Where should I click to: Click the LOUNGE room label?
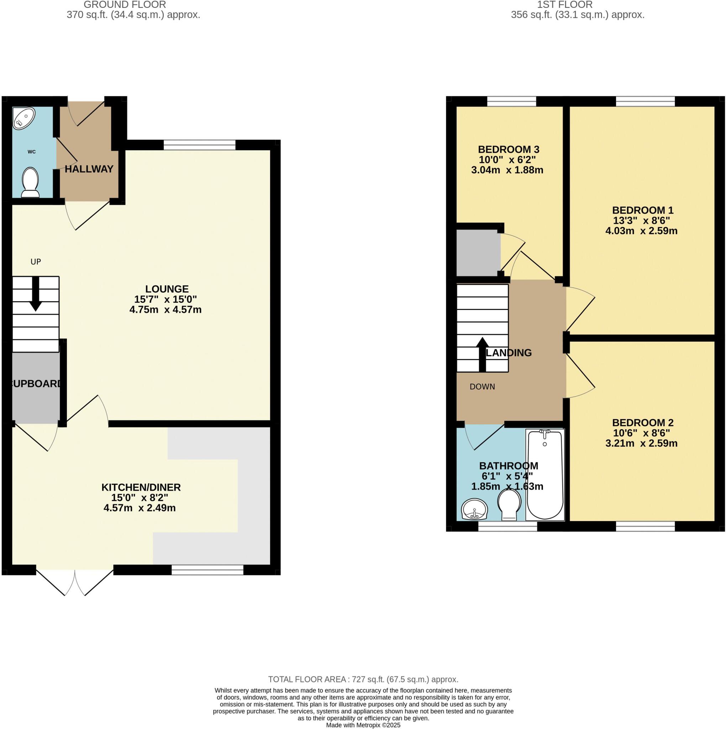coord(167,289)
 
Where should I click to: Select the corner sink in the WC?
coord(23,118)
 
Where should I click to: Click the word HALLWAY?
coord(89,169)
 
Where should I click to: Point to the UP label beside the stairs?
coord(36,262)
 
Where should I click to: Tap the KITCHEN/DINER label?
coord(141,487)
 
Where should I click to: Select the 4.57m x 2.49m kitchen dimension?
coord(139,508)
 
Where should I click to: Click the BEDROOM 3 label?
coord(508,149)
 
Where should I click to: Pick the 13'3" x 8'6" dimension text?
coord(642,220)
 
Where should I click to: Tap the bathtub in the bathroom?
coord(544,476)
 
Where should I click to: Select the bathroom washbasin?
coord(474,509)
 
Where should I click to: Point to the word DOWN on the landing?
coord(482,387)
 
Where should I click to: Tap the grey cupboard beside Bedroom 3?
coord(477,253)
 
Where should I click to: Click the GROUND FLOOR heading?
coord(125,5)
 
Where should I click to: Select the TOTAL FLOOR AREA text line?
coord(363,680)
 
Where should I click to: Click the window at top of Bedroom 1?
coord(645,101)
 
